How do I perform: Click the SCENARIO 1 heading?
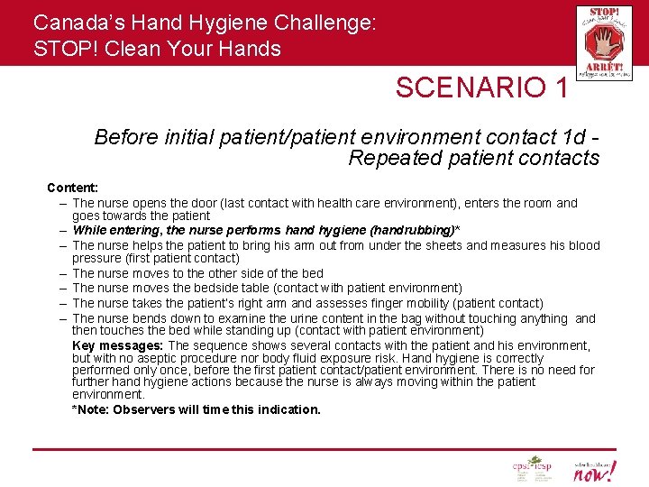(x=482, y=87)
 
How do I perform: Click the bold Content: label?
(x=73, y=188)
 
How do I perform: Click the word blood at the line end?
(x=582, y=245)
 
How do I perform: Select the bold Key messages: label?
(x=118, y=345)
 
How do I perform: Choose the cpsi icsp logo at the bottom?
(x=532, y=467)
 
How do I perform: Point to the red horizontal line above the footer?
(x=324, y=448)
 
